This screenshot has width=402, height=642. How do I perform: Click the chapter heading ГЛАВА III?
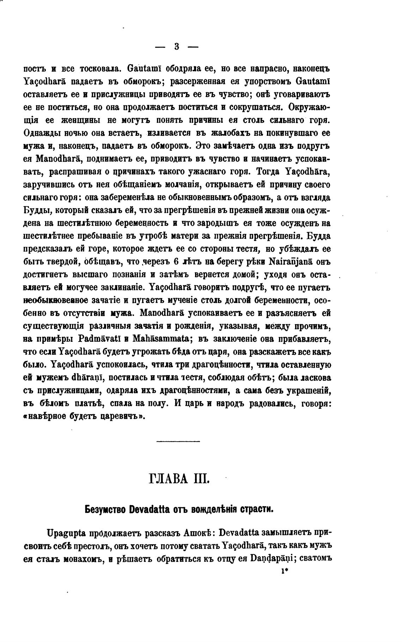pyautogui.click(x=179, y=480)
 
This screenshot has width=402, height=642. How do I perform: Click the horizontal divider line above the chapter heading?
pyautogui.click(x=178, y=441)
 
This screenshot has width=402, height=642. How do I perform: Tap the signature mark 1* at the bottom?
pyautogui.click(x=285, y=573)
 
